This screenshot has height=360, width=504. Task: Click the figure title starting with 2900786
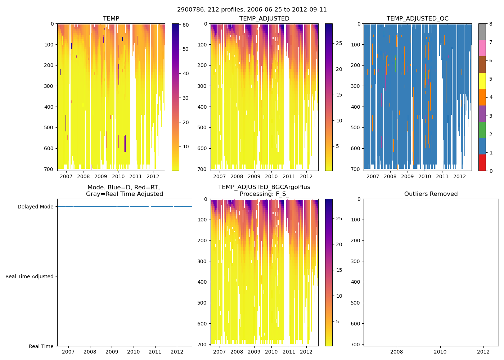(252, 10)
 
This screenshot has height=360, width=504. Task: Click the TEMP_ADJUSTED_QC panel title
(417, 19)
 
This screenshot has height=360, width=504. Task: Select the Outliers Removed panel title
(431, 194)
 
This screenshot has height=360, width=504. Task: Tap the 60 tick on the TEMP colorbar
(186, 25)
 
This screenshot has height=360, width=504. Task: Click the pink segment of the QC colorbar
(482, 48)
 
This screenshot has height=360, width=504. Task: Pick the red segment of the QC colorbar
(482, 163)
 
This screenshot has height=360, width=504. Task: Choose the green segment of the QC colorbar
(482, 130)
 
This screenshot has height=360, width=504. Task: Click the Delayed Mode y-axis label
(35, 207)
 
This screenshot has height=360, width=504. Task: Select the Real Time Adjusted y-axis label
(29, 276)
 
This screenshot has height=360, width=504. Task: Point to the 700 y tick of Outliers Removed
(356, 345)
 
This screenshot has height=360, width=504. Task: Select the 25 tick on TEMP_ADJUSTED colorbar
(339, 43)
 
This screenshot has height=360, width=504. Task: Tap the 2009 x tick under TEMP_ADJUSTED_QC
(407, 176)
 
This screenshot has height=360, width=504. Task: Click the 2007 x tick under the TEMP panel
(66, 176)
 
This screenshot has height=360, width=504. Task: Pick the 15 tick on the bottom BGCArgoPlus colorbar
(339, 270)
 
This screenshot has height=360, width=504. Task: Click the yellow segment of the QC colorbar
(482, 81)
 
